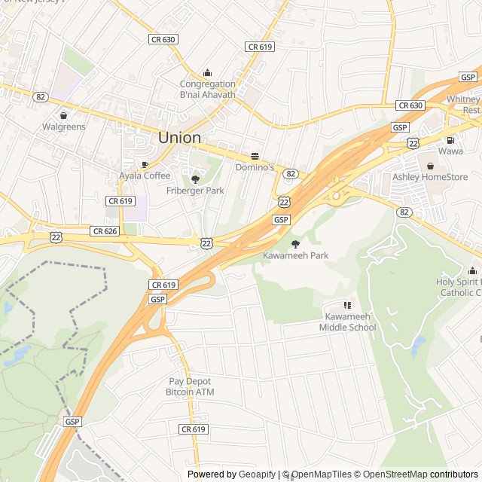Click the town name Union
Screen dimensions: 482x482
coord(179,138)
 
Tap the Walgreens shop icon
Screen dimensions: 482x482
coord(63,115)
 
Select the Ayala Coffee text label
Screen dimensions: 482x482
coord(145,175)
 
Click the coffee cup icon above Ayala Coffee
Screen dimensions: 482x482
coord(145,164)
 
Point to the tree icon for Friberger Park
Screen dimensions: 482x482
coord(195,179)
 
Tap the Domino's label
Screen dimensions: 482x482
coord(255,166)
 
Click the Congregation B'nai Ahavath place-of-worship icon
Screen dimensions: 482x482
coord(208,72)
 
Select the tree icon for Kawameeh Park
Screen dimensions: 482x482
coord(295,244)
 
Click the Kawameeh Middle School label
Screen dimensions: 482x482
coord(347,322)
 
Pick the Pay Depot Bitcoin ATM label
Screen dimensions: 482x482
coord(191,387)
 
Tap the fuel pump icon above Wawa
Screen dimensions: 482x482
coord(450,139)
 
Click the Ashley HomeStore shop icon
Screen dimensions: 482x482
coord(430,166)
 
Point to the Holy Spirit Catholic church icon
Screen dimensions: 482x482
coord(472,270)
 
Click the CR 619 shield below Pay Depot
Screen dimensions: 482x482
coord(193,429)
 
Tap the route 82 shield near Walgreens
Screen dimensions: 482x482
coord(40,96)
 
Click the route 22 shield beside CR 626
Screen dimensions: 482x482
coord(56,236)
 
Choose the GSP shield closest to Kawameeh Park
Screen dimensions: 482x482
coord(281,219)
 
